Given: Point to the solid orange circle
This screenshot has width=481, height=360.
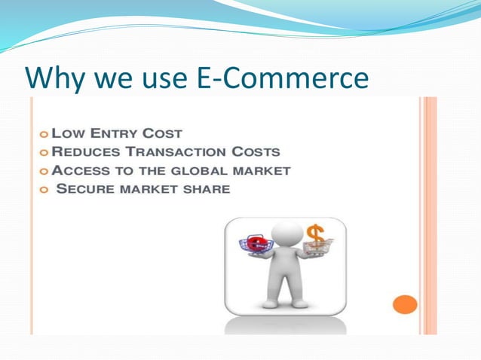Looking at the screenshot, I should click(406, 304).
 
